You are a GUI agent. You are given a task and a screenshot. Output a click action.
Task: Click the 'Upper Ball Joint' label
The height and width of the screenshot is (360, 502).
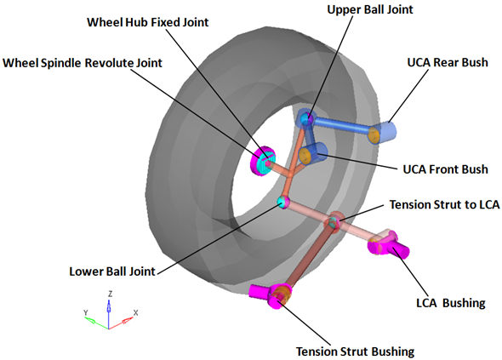370,9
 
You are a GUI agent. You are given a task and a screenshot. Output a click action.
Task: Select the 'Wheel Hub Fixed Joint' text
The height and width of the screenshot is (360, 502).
147,22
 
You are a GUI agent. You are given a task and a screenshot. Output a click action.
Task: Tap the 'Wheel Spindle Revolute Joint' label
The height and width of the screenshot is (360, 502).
83,63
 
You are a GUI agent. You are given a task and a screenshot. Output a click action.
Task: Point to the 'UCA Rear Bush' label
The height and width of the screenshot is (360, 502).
448,62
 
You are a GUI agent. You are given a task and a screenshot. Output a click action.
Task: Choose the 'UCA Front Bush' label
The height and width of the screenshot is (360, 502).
445,169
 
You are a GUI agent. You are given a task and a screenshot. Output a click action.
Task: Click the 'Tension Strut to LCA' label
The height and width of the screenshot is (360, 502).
444,204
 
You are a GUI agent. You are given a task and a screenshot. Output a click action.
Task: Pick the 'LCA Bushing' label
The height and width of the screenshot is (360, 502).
451,303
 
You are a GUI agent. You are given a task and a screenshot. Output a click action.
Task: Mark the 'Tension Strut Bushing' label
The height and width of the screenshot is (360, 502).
355,351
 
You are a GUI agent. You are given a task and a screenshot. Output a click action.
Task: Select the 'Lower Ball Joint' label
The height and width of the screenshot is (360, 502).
112,271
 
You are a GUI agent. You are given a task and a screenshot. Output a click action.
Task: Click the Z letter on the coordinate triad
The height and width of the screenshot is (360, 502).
110,294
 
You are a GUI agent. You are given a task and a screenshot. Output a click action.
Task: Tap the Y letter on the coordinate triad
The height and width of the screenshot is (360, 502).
85,312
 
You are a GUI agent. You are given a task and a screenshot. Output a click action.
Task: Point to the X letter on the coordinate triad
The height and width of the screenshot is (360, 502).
136,312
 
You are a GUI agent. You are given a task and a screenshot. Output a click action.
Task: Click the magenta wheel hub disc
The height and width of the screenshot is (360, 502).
262,161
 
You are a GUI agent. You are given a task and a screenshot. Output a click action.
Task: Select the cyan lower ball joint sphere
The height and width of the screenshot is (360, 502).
282,203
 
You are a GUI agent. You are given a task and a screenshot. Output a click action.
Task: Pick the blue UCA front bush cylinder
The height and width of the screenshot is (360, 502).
313,153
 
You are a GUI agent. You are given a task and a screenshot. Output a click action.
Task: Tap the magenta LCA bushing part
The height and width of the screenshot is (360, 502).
388,245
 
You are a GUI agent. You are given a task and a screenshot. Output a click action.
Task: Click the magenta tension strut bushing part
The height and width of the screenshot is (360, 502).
271,295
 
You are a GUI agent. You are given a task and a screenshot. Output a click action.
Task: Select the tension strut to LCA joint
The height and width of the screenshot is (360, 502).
334,221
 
